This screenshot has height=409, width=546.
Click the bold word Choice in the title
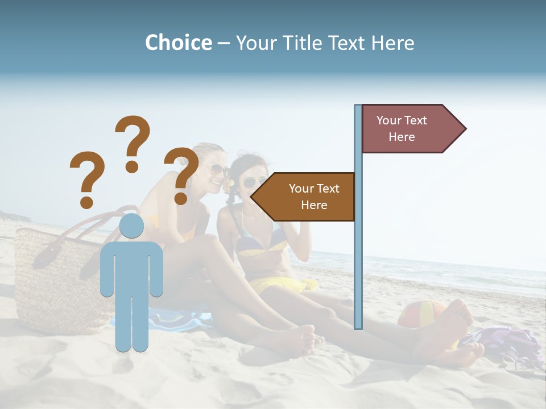(178, 43)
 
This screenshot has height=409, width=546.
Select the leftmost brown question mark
(86, 178)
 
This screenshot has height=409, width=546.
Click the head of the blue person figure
(131, 226)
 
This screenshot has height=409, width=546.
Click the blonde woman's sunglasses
(218, 170)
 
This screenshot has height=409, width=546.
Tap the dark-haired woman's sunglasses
(250, 183)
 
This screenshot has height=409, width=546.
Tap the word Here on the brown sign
(314, 205)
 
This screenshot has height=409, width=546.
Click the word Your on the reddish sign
(389, 120)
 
